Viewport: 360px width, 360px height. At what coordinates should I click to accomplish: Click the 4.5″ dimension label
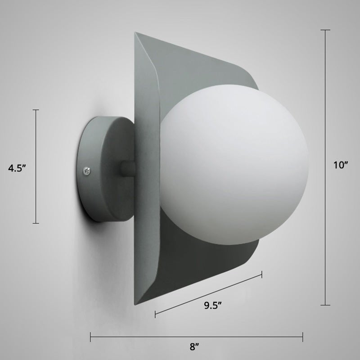pos(17,168)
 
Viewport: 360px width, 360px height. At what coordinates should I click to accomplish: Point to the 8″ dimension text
pos(194,347)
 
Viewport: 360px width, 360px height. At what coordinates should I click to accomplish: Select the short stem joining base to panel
pos(128,169)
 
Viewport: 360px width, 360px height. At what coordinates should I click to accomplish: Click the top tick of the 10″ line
pos(325,30)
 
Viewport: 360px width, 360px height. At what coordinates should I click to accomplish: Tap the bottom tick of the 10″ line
pos(325,305)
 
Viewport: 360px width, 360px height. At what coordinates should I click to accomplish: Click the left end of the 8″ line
pos(91,337)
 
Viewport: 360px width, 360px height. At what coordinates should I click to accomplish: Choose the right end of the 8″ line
pos(302,337)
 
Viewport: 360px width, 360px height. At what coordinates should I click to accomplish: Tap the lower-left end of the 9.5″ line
pos(155,314)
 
